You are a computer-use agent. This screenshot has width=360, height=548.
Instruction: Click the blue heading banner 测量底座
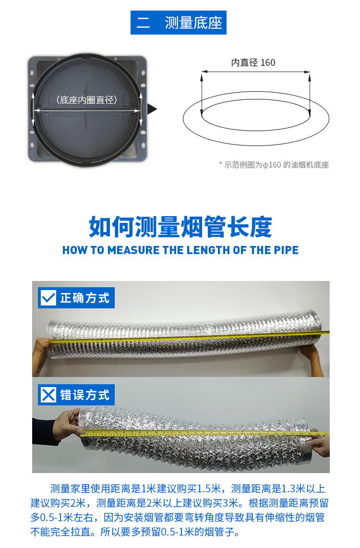point(179,23)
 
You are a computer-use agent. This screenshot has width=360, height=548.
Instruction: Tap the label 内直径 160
point(253,62)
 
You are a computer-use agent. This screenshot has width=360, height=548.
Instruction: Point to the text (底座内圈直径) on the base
point(86,100)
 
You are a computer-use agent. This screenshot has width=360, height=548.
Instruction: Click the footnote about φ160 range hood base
point(274,165)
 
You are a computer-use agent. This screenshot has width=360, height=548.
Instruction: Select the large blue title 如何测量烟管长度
point(180,227)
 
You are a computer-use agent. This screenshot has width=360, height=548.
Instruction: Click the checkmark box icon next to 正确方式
point(48,298)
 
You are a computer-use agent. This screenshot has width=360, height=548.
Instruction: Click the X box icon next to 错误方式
point(48,395)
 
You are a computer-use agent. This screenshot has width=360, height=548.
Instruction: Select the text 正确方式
point(85,298)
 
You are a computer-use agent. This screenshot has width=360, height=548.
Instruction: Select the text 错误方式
point(85,395)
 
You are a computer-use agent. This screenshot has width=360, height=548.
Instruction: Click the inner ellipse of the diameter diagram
point(256,130)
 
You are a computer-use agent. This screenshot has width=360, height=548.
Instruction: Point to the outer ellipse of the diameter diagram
point(256,145)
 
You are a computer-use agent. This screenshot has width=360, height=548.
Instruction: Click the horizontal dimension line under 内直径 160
point(256,72)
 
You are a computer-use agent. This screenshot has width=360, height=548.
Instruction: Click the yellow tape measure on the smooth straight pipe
point(189,337)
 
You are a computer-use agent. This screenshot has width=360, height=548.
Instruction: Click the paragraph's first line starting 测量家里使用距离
point(188,488)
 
